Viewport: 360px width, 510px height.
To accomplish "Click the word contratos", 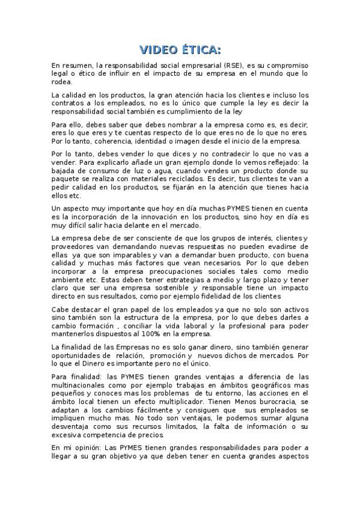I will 68,103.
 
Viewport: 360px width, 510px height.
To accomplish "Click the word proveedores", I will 73,247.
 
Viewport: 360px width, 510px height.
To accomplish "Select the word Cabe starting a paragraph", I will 59,309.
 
